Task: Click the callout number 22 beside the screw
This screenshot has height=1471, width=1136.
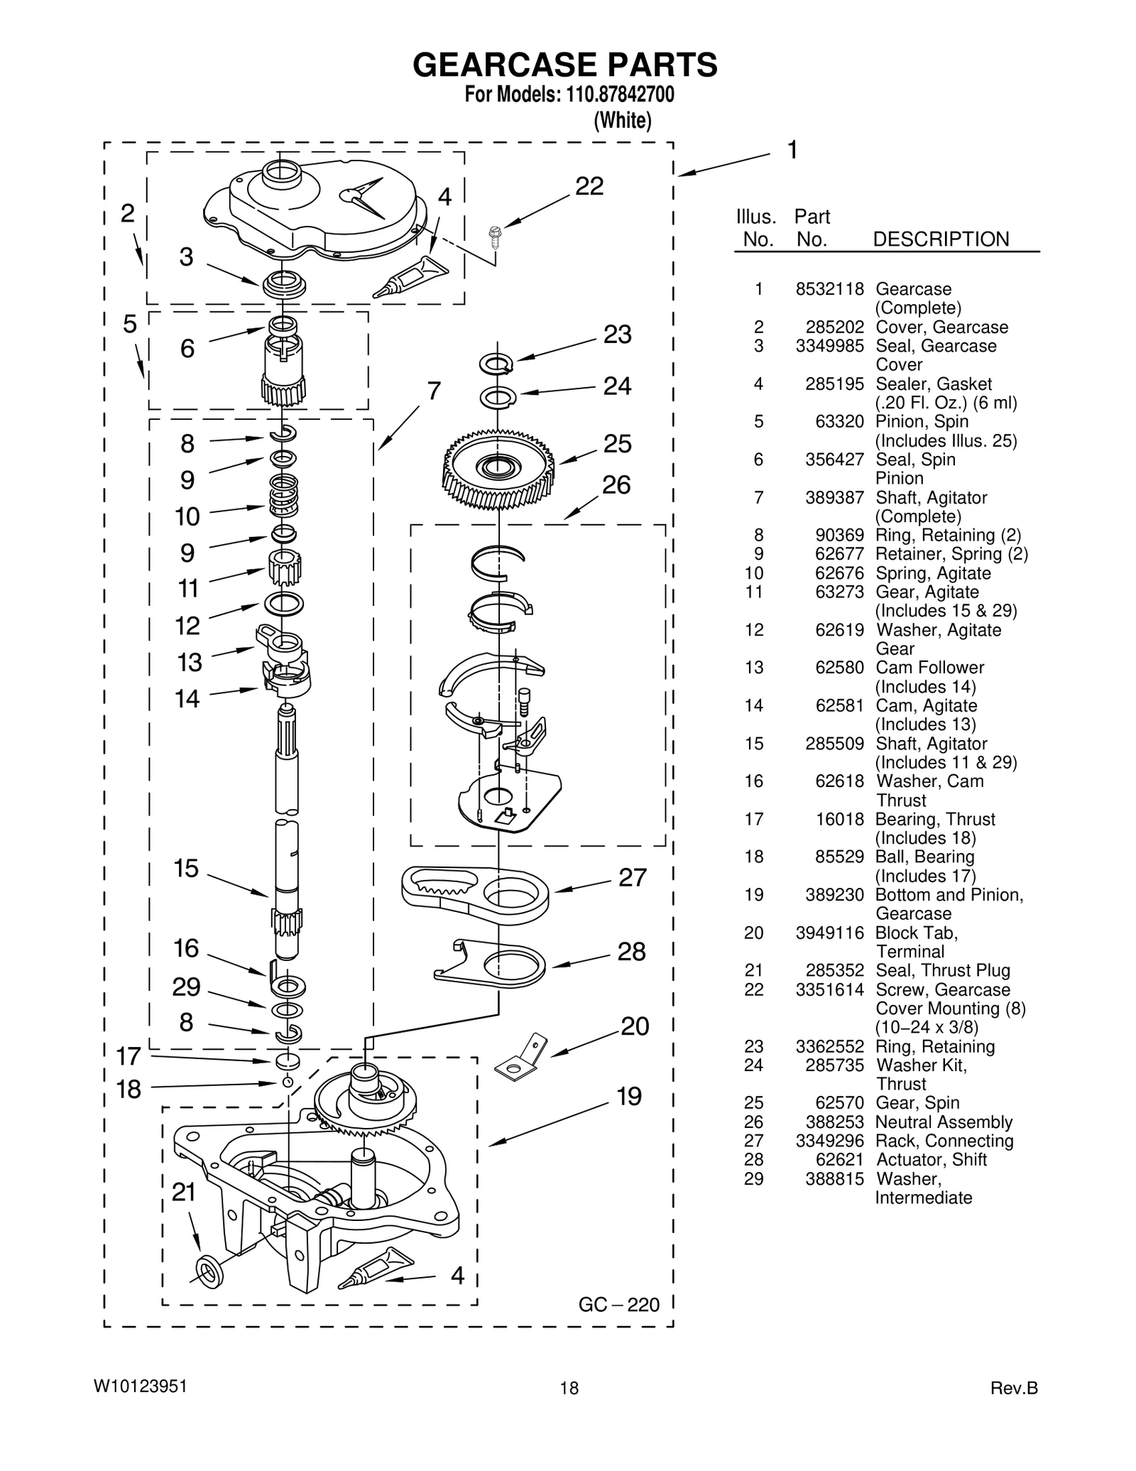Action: pos(589,186)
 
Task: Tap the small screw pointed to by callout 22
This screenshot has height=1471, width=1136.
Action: pos(495,235)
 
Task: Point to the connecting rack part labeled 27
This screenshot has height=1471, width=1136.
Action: pos(474,894)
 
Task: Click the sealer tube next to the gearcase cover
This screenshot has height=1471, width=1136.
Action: pos(411,276)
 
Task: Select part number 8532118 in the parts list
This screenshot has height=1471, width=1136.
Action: pos(829,289)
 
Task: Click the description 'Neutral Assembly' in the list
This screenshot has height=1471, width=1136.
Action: pos(944,1122)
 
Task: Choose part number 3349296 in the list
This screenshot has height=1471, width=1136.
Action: pos(829,1141)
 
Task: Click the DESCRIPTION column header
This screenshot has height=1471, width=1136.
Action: pos(940,239)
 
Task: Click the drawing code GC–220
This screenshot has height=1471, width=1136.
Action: pos(618,1305)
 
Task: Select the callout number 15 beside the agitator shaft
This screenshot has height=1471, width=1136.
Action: pos(186,868)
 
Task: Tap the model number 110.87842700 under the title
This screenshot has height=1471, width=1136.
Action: pos(619,95)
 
